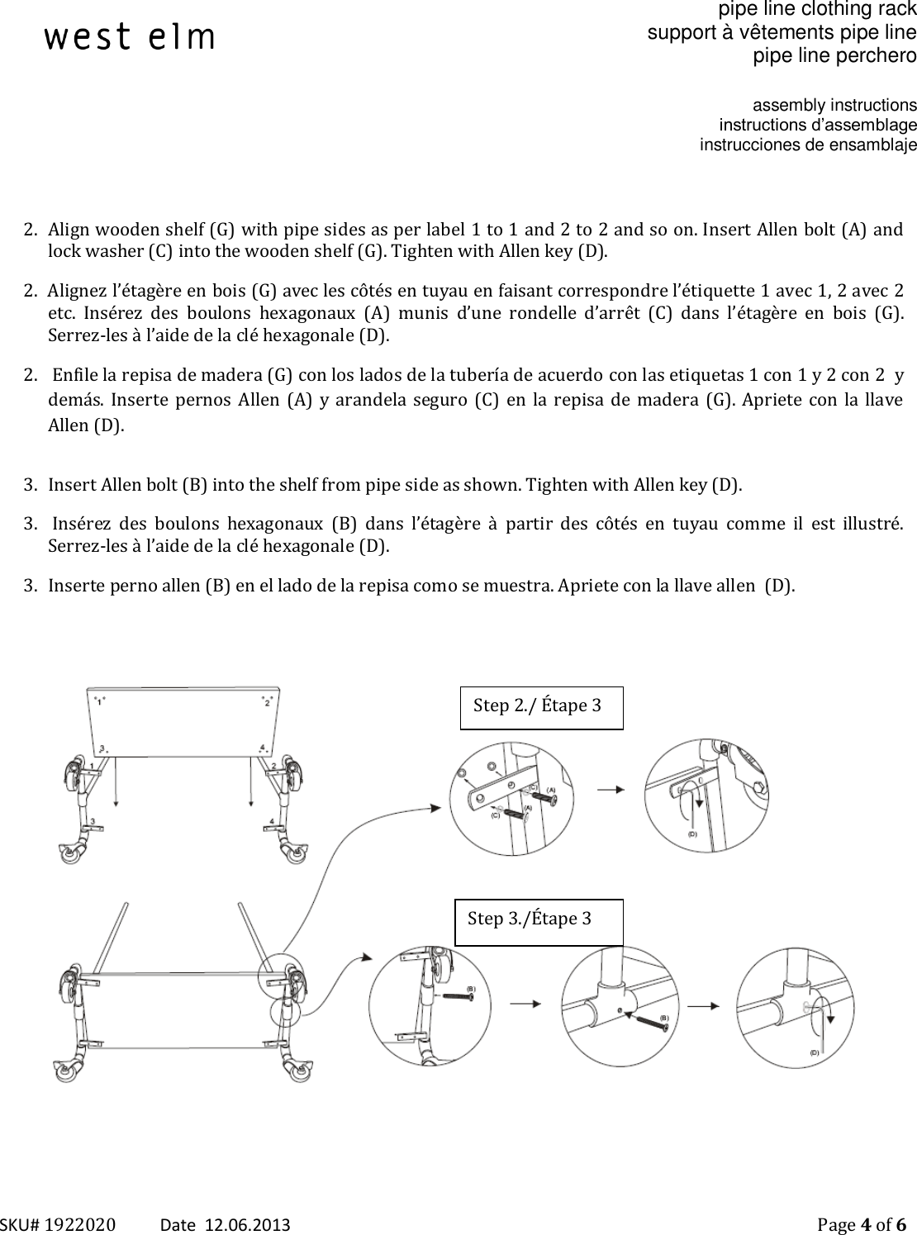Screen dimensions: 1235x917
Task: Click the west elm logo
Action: (129, 37)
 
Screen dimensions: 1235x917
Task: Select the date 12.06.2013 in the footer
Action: (247, 1223)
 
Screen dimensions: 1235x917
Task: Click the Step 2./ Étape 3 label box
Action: (541, 706)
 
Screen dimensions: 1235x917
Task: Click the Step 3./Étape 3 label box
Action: (538, 921)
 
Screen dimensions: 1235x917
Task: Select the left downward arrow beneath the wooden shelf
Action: (116, 785)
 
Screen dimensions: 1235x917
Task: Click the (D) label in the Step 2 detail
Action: (692, 834)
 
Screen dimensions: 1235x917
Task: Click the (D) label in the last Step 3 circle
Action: (814, 1052)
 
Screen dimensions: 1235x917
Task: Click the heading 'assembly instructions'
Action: (834, 106)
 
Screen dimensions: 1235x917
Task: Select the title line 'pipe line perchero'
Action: (834, 56)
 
